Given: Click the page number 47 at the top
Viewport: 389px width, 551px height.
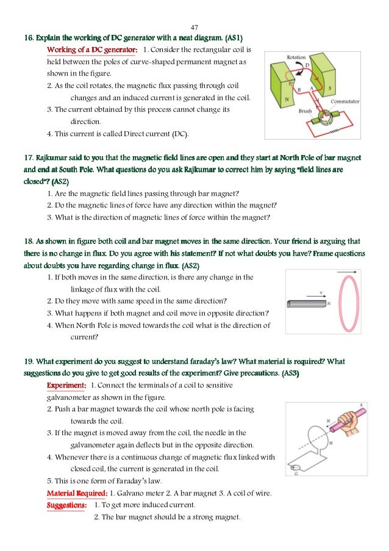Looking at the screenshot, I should (194, 27).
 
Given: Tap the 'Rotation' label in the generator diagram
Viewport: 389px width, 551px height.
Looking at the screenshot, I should (296, 58).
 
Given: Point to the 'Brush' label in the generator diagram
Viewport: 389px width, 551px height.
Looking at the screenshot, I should (305, 112).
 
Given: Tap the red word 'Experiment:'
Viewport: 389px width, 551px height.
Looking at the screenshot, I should (66, 385).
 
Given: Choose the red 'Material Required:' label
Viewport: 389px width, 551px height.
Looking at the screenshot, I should (77, 492).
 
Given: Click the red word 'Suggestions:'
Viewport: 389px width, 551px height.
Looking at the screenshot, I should (66, 505).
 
